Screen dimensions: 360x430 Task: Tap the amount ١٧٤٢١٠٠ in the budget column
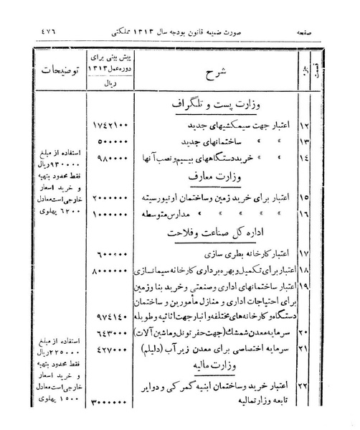pos(113,126)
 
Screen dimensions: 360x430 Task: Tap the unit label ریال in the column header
pos(112,83)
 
